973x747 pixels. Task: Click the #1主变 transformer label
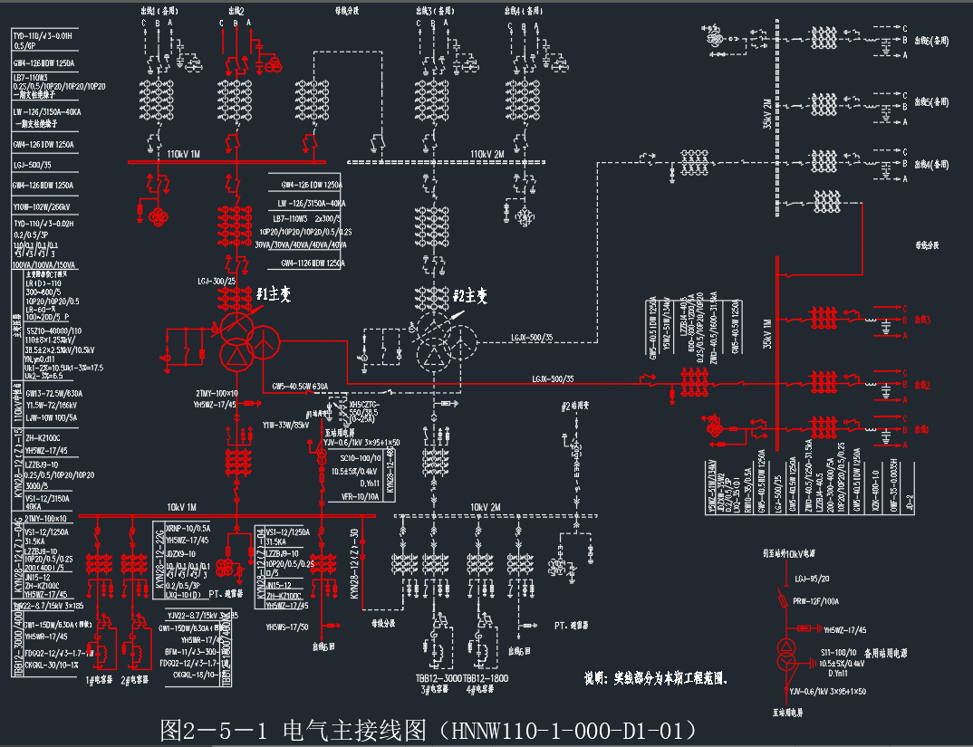(x=273, y=294)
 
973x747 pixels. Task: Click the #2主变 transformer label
(x=470, y=296)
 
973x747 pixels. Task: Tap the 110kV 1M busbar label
(x=181, y=155)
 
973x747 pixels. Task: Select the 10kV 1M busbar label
(x=181, y=507)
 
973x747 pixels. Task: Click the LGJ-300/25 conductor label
(x=218, y=283)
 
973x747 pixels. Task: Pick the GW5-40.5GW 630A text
(x=300, y=387)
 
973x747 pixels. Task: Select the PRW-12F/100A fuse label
(x=817, y=600)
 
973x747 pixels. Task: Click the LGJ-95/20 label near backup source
(x=812, y=577)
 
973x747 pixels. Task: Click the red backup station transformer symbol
(x=785, y=656)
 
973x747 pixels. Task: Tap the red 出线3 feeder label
(x=922, y=320)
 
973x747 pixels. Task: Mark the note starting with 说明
(x=657, y=676)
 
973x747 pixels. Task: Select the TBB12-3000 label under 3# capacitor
(x=438, y=678)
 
